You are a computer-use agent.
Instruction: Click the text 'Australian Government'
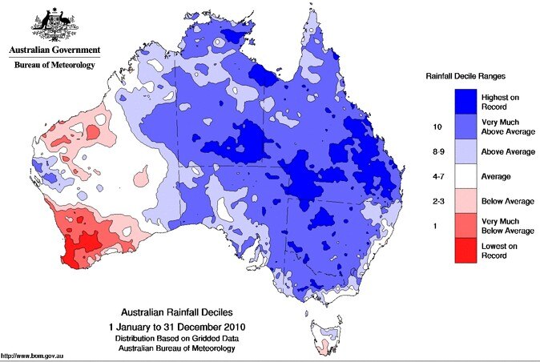click(x=53, y=50)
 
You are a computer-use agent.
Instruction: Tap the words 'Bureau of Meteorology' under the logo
click(x=53, y=64)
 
